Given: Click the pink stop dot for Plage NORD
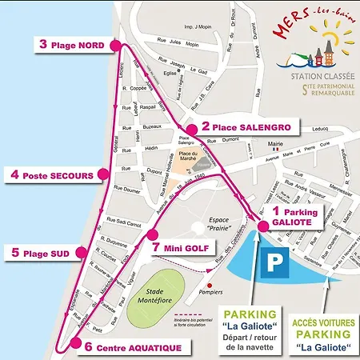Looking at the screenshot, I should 117,46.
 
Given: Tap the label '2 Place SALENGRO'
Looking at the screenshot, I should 239,126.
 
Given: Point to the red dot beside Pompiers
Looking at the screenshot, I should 209,284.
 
